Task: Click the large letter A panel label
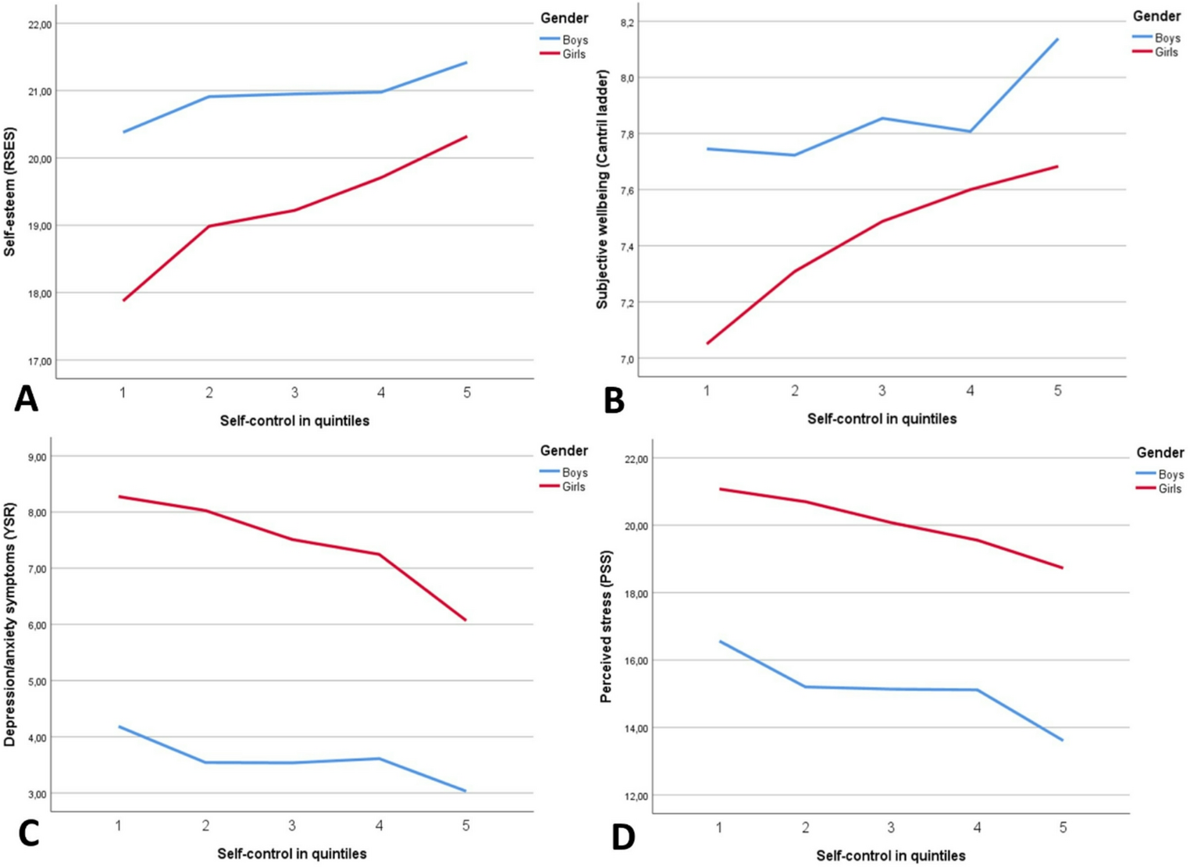26,399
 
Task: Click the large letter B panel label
614,400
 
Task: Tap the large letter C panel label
27,833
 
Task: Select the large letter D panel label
623,837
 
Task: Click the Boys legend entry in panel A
564,40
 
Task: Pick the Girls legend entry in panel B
1156,52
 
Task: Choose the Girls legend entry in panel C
564,486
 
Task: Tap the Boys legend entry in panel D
1160,474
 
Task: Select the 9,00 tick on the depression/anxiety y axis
34,457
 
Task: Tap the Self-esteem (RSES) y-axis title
10,192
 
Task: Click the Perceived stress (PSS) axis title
607,626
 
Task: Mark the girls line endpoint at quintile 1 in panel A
123,300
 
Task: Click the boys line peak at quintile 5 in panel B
1058,38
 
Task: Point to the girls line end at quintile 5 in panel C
466,620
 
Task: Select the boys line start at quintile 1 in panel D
720,641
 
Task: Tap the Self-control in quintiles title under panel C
292,853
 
